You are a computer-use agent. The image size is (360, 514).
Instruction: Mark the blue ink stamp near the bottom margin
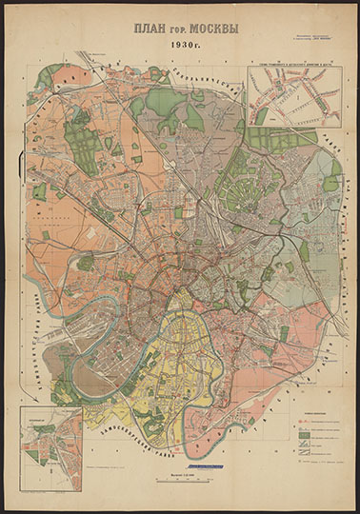[201, 465]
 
